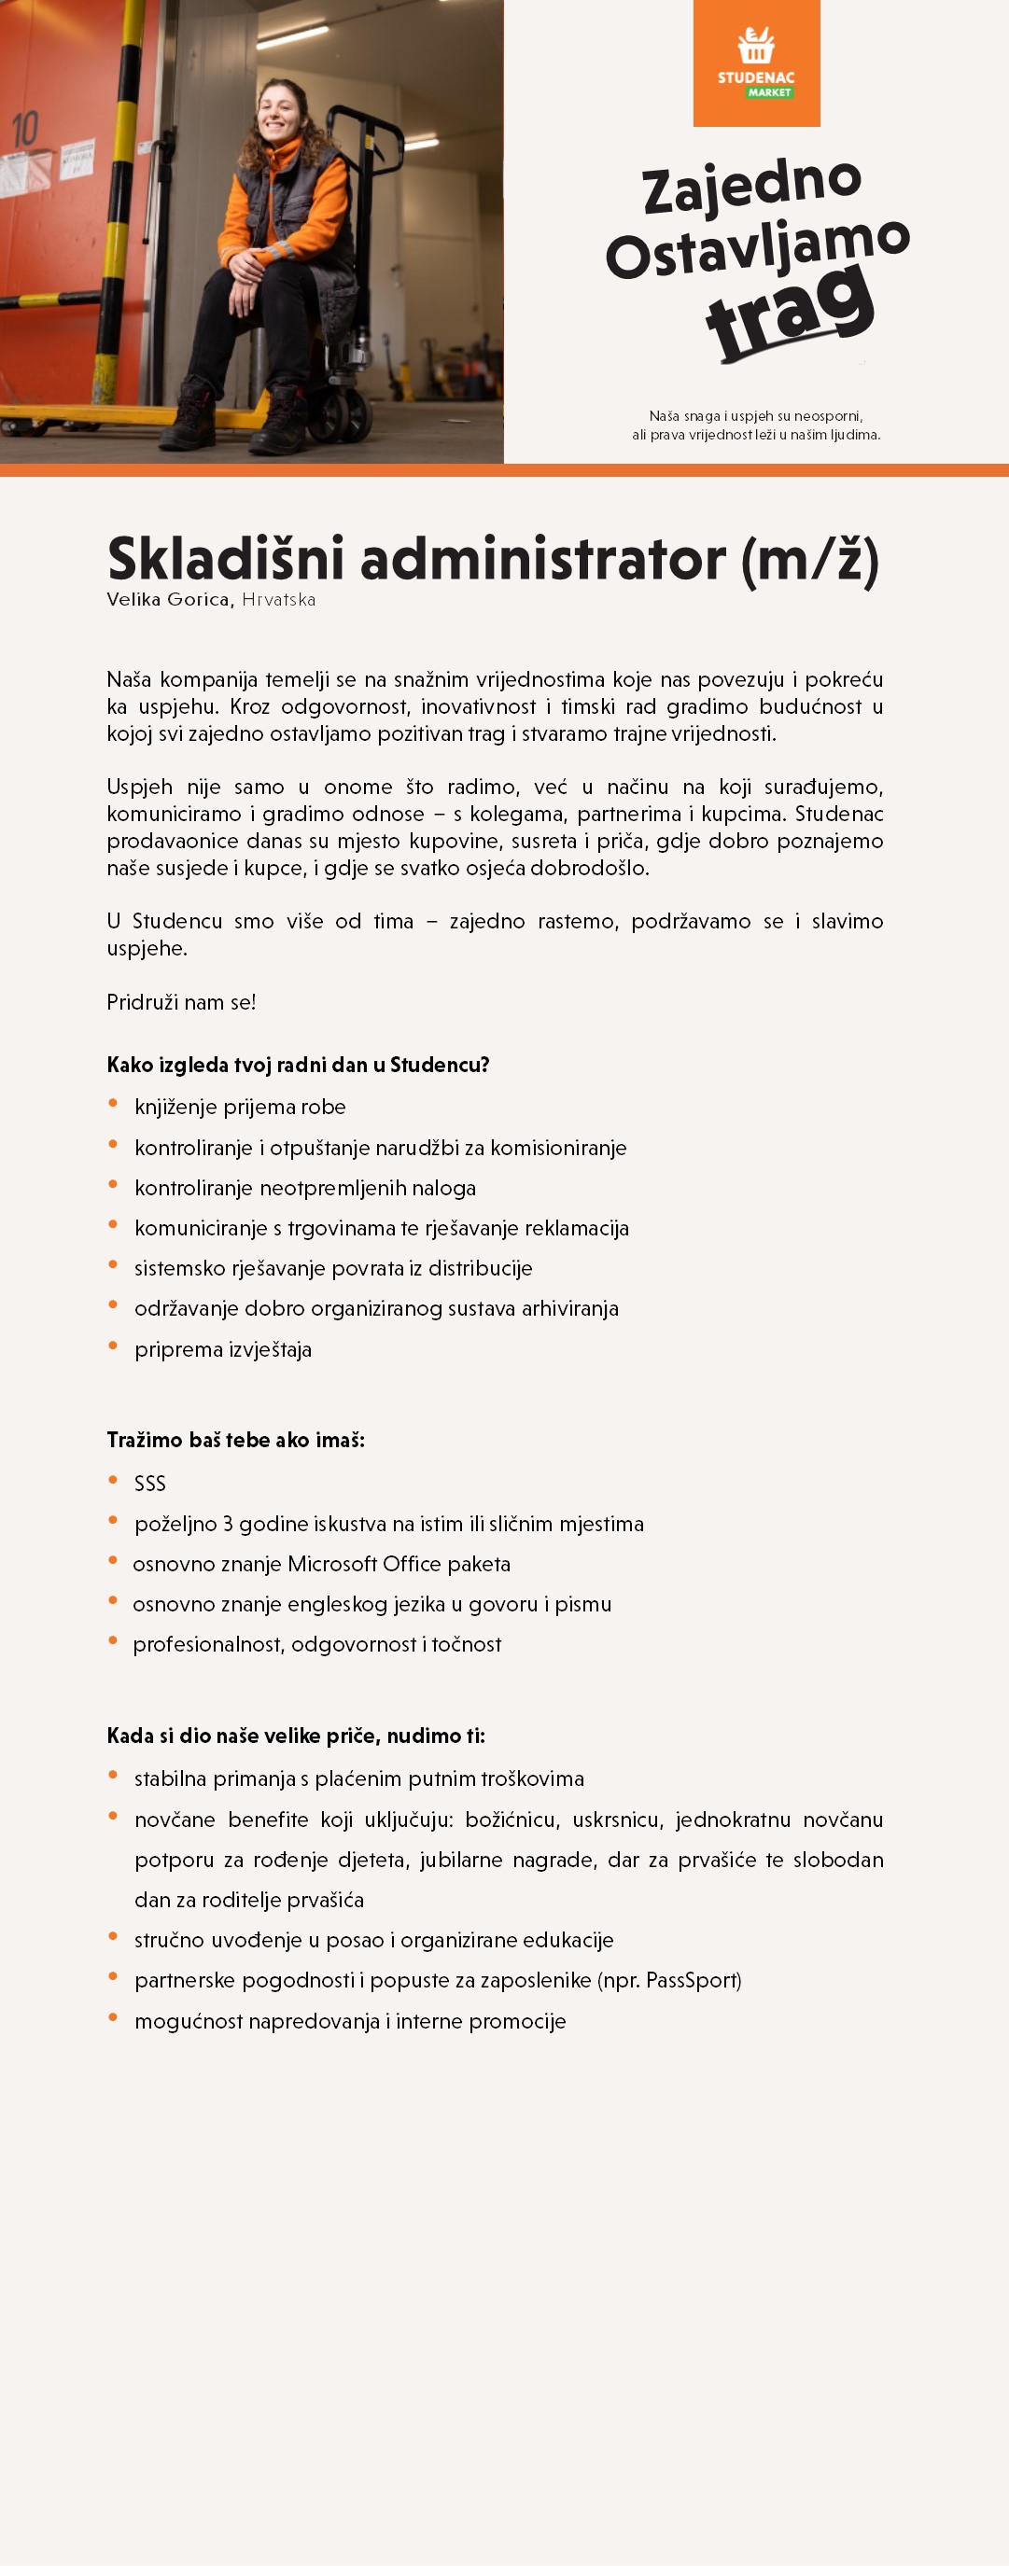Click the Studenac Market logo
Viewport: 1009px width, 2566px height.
pyautogui.click(x=756, y=63)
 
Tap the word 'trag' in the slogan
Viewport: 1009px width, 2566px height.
pyautogui.click(x=790, y=312)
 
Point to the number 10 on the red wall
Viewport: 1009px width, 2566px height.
pyautogui.click(x=25, y=130)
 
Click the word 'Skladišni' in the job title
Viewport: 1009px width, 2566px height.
pyautogui.click(x=225, y=559)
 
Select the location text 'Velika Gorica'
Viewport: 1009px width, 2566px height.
pyautogui.click(x=169, y=600)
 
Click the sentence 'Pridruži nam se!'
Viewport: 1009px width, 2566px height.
pyautogui.click(x=181, y=1002)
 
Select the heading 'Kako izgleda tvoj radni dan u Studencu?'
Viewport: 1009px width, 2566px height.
pyautogui.click(x=298, y=1065)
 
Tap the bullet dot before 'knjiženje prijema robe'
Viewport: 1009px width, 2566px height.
pyautogui.click(x=114, y=1104)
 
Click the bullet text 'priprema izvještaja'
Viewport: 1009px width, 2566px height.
pyautogui.click(x=223, y=1350)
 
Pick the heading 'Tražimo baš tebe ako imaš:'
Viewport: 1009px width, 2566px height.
pyautogui.click(x=235, y=1441)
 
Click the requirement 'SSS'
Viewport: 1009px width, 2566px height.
pyautogui.click(x=150, y=1484)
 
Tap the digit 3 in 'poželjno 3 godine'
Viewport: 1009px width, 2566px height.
pyautogui.click(x=228, y=1524)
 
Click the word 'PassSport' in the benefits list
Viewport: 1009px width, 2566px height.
pyautogui.click(x=691, y=1980)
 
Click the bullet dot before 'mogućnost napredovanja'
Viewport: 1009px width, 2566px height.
pyautogui.click(x=114, y=2018)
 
